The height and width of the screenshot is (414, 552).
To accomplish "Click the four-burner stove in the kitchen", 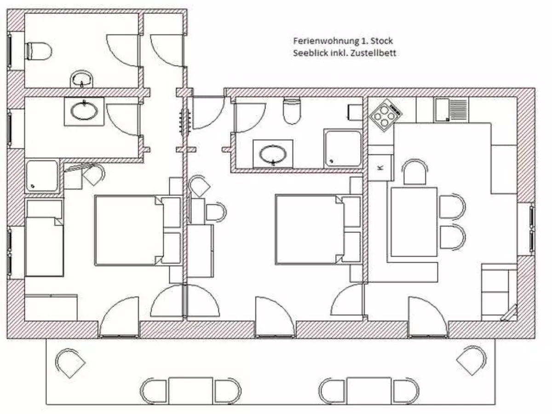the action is [x=385, y=115].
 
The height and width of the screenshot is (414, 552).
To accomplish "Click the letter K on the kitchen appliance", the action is [x=380, y=167].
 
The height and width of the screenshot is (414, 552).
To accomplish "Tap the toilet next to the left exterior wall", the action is [x=39, y=51].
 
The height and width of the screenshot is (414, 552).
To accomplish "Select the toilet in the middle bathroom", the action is [x=292, y=111].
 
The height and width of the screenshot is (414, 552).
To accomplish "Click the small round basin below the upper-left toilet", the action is [x=81, y=79].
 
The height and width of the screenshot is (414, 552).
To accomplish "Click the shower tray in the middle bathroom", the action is [x=343, y=148].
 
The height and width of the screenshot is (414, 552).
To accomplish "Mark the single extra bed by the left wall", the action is [x=44, y=237].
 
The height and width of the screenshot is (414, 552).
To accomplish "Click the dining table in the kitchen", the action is [x=414, y=222].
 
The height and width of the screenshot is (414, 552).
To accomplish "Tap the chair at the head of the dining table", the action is [x=415, y=172].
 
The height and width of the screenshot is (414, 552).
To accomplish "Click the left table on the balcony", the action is [x=190, y=391].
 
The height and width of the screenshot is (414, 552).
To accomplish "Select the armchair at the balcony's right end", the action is [x=471, y=361].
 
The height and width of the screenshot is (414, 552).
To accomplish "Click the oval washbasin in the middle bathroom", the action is [x=273, y=154].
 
